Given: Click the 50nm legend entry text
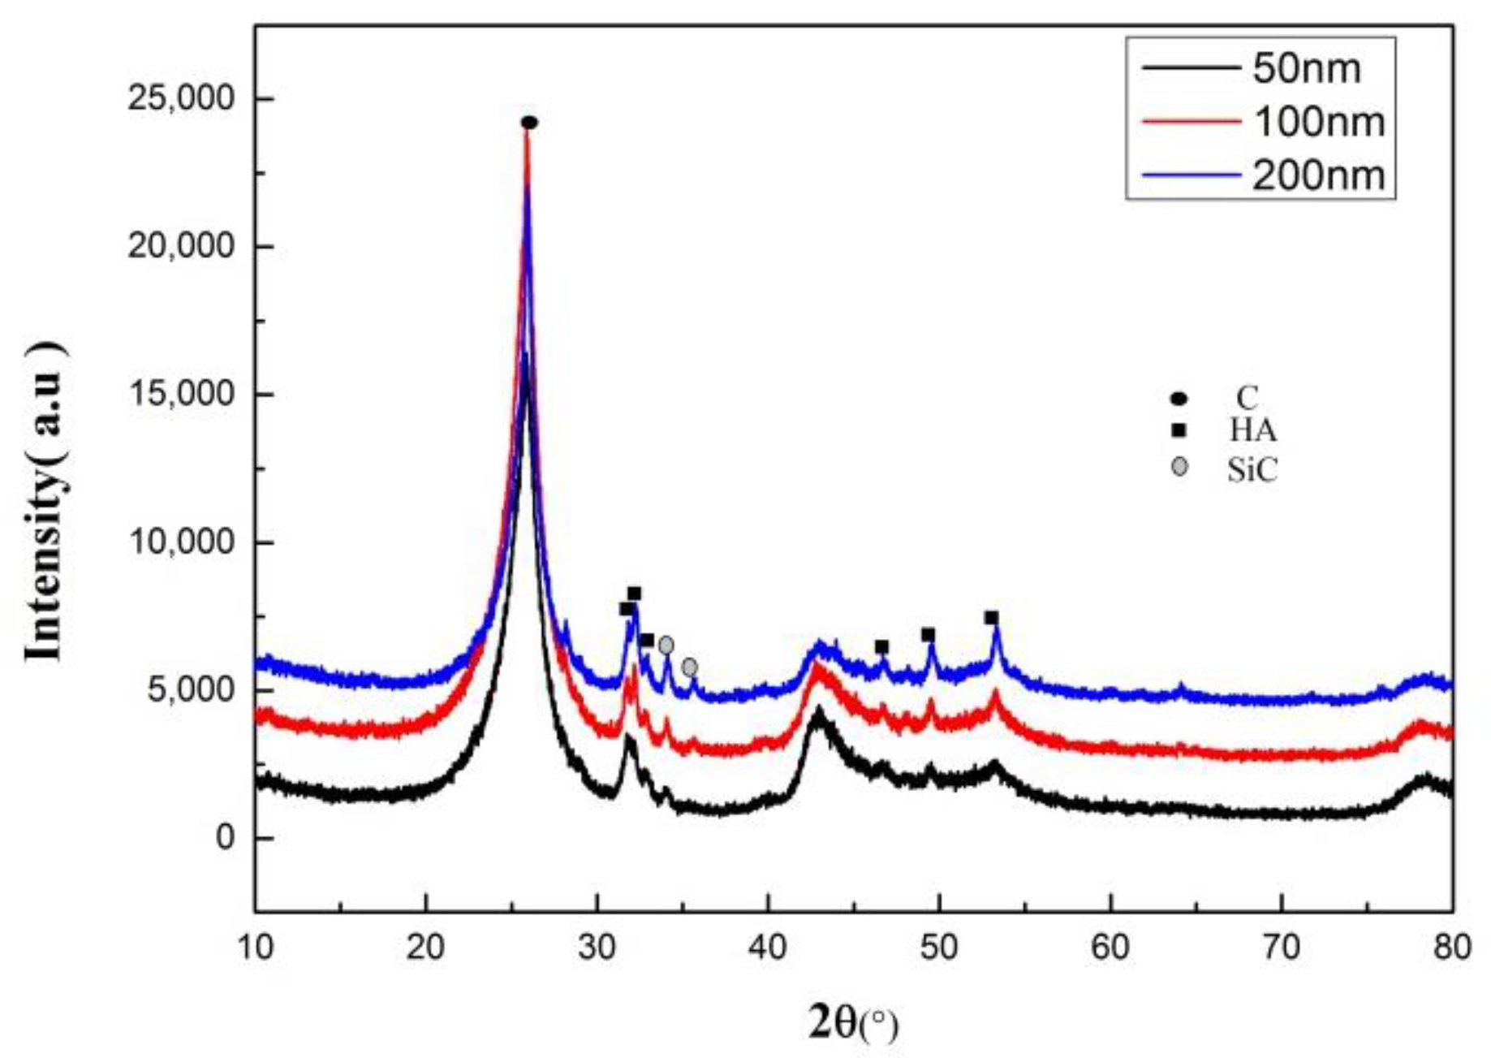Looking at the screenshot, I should coord(1306,68).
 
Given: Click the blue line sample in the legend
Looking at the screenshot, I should coord(1191,175).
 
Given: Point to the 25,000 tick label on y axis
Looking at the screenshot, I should coord(180,98).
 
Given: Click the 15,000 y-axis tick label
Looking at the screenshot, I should coord(180,394).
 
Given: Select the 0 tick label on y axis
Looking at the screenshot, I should coord(225,837).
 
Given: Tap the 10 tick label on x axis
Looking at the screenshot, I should coord(256,948).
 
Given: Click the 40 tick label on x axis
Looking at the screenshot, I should coord(768,948).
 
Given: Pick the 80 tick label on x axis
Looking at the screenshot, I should coord(1451,948).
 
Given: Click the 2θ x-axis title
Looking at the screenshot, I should coord(852,1022).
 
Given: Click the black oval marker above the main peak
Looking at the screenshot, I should coord(529,123).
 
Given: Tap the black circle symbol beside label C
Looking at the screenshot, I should coord(1179,398).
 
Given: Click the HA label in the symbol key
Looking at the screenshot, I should coord(1252,430).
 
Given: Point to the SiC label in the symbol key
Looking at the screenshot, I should coord(1252,469).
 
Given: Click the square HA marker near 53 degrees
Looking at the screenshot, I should coord(991,618).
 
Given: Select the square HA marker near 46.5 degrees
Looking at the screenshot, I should coord(881,647).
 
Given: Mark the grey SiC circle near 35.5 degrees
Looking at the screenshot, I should coord(689,667).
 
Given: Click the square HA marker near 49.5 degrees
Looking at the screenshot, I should coord(928,635).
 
